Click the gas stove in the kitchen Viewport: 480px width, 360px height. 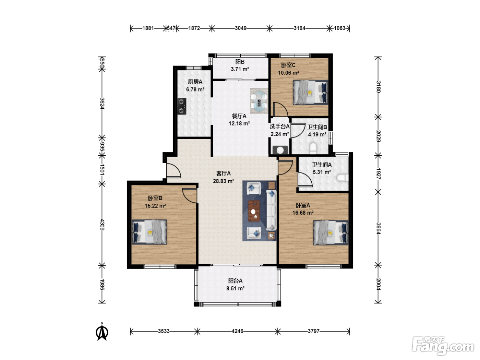coord(182,106)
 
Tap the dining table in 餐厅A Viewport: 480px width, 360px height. coord(259,101)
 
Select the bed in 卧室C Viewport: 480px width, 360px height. coord(311,92)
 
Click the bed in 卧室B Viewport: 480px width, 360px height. coord(149,232)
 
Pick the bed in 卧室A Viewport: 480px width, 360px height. coord(331,232)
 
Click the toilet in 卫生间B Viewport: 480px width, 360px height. coord(313,148)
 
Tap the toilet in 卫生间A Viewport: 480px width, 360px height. coord(343,178)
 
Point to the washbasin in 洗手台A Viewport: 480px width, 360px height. coord(280,150)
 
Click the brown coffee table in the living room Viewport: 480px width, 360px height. coord(254,211)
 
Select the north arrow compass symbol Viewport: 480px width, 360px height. coord(102,332)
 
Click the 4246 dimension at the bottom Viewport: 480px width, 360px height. coord(237,331)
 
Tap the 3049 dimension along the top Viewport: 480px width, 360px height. coord(241,28)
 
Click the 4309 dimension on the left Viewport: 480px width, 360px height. coord(102,225)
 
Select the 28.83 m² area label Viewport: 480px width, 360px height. coord(224,181)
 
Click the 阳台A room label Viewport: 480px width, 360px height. coord(235,281)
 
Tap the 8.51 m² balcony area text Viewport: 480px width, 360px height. coord(235,289)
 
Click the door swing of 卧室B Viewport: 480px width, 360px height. coord(189,196)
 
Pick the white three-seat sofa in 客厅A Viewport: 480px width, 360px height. coord(272,210)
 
